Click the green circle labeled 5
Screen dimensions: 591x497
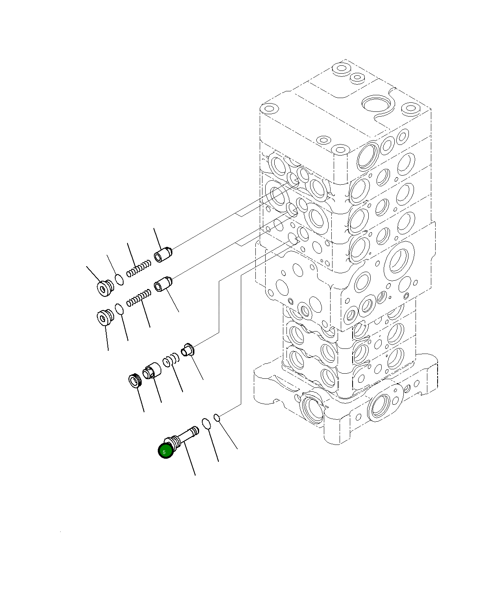pyautogui.click(x=165, y=451)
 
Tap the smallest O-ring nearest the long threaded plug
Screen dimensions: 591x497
pyautogui.click(x=216, y=417)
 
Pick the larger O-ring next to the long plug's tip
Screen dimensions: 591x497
pyautogui.click(x=207, y=424)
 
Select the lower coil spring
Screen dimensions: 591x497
pyautogui.click(x=139, y=297)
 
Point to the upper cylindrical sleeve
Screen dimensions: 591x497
pyautogui.click(x=163, y=254)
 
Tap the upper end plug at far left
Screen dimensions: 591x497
pyautogui.click(x=105, y=288)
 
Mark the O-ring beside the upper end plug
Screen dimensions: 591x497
pyautogui.click(x=119, y=280)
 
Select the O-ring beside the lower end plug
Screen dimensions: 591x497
pyautogui.click(x=120, y=309)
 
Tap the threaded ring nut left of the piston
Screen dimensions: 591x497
pyautogui.click(x=135, y=380)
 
